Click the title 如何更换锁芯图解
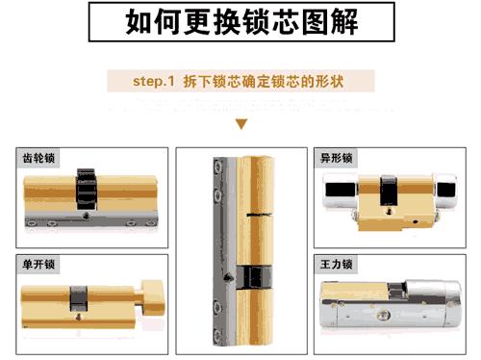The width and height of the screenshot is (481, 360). click(x=240, y=22)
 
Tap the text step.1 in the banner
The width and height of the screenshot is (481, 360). click(x=154, y=81)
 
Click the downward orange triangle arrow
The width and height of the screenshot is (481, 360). click(x=241, y=123)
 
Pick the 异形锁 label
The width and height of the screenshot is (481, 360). click(x=337, y=158)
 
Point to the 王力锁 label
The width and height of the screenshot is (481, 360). click(x=337, y=263)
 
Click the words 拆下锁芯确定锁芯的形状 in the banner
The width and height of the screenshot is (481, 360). click(x=262, y=81)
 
